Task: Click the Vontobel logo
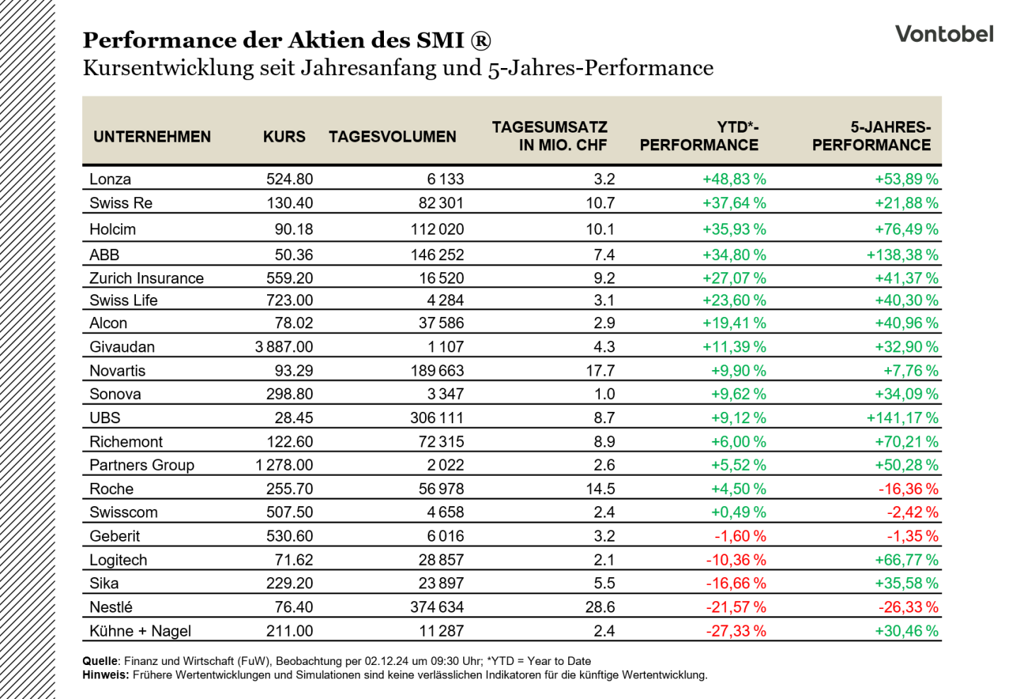944,34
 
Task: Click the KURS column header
284,137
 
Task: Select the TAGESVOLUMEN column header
392,137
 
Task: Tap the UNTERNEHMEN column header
152,137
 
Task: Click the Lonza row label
110,179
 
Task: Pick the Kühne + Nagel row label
140,631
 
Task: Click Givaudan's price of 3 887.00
284,347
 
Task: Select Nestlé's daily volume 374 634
437,607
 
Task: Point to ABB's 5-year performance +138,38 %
902,255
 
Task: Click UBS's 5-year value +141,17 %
902,418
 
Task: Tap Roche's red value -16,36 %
908,489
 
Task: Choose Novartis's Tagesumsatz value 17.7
601,371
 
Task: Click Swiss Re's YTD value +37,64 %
735,203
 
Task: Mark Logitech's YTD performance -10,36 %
737,559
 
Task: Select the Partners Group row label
142,465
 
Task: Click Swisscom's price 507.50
290,512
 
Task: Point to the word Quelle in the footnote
100,661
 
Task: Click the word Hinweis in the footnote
105,675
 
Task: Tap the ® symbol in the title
481,40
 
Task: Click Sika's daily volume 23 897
441,583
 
